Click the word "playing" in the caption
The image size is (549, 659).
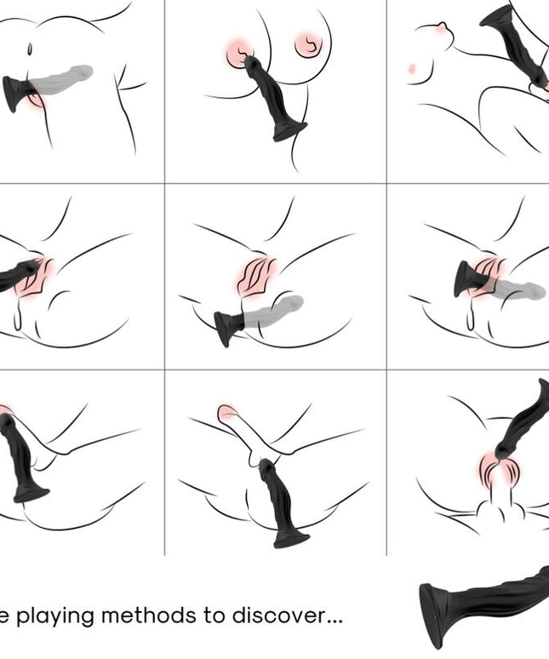[57, 615]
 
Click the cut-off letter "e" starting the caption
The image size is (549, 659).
[4, 616]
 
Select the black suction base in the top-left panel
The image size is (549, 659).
[15, 93]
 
